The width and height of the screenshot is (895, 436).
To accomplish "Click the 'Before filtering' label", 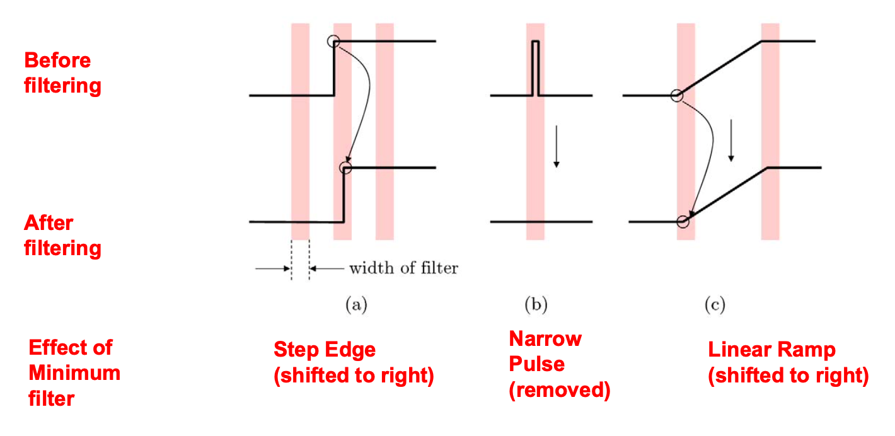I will [62, 73].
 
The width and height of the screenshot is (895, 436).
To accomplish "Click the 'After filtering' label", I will [62, 236].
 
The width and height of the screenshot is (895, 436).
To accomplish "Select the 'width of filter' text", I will [403, 268].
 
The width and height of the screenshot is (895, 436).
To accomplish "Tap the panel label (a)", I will [355, 306].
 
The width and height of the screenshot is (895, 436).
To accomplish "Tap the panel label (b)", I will [536, 306].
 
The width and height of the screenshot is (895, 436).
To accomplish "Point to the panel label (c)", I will [715, 306].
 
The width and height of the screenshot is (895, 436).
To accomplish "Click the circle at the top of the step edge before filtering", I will [333, 42].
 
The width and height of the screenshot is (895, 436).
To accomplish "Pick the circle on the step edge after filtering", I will [344, 168].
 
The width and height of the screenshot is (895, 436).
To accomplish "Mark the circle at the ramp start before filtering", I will [676, 96].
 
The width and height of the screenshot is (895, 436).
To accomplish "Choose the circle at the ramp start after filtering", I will [683, 221].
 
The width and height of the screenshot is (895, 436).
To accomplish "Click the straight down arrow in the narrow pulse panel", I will [556, 146].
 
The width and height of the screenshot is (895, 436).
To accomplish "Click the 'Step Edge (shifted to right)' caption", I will [353, 363].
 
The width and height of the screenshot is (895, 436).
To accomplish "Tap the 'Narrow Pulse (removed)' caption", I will [559, 365].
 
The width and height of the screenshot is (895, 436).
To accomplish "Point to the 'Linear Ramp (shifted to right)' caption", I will [788, 363].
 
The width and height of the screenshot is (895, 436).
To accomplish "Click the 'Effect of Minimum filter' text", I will [74, 372].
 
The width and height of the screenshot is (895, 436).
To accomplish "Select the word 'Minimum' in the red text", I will [74, 372].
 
